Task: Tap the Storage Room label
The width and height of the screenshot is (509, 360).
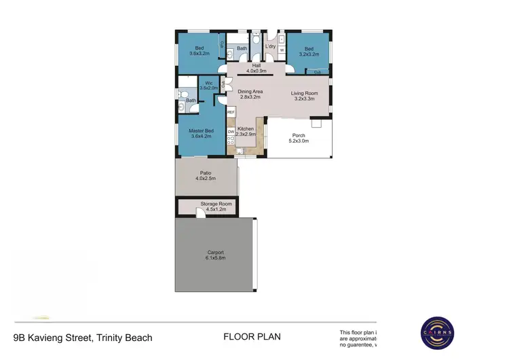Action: [x=216, y=206]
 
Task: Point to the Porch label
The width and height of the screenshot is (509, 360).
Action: [x=298, y=138]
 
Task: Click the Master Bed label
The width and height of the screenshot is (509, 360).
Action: [x=201, y=133]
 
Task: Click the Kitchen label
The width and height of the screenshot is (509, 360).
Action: [x=246, y=131]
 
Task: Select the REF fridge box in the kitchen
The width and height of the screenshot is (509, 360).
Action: [x=231, y=112]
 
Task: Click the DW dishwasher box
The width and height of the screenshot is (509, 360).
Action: [x=231, y=131]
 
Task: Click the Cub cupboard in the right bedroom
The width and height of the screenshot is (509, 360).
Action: [x=317, y=71]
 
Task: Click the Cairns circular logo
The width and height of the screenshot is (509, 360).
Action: [x=443, y=334]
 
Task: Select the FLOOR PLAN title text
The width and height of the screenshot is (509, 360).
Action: [x=252, y=336]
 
